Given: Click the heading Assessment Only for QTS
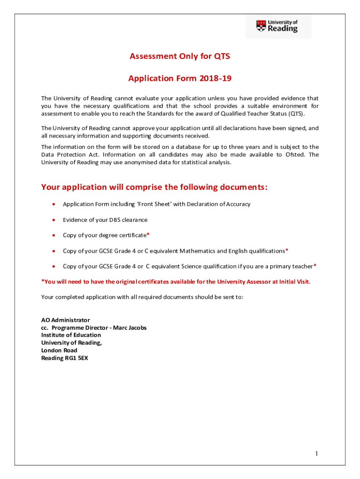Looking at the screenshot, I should [180, 57].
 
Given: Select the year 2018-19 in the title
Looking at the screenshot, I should [215, 79].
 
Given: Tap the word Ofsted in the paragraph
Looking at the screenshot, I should [295, 154].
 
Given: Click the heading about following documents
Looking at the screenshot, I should [154, 187].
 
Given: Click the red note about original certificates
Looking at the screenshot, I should [176, 281].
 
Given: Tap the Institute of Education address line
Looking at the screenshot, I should [71, 335].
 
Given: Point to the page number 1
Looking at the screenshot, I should [317, 454].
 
